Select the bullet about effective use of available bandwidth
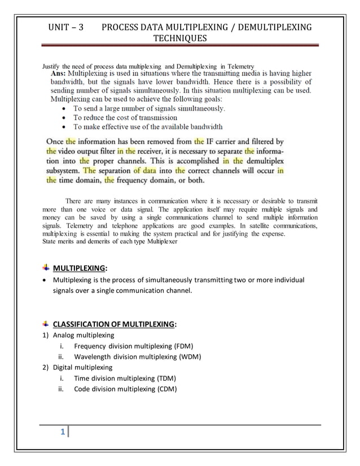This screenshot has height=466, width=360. pos(148,126)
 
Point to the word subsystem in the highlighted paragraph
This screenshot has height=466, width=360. pos(63,171)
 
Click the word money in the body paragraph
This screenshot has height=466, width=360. pos(54,217)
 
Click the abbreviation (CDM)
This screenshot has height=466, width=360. pos(165,389)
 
